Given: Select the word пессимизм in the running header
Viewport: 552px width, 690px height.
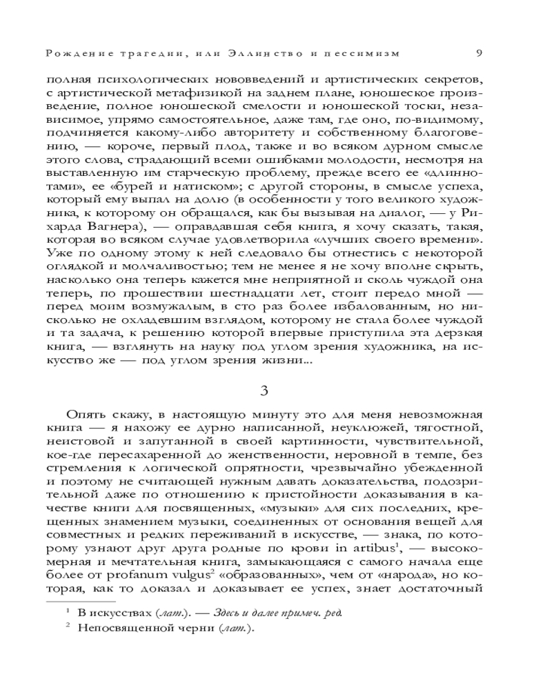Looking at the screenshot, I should point(362,53).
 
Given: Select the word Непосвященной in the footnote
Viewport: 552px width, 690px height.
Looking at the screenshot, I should point(119,629).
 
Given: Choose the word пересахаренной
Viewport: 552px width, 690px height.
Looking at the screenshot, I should point(157,459).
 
